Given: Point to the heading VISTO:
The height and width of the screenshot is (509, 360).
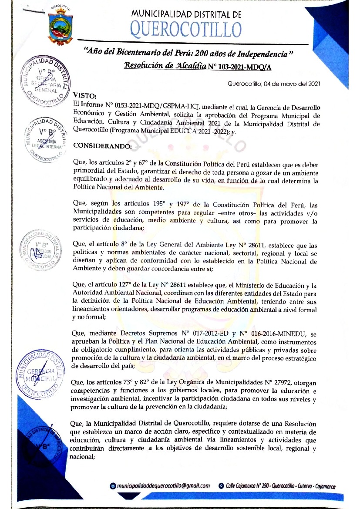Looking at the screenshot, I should pyautogui.click(x=84, y=95).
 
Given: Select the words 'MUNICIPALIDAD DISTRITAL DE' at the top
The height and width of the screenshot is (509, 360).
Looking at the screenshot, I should pyautogui.click(x=186, y=14).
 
